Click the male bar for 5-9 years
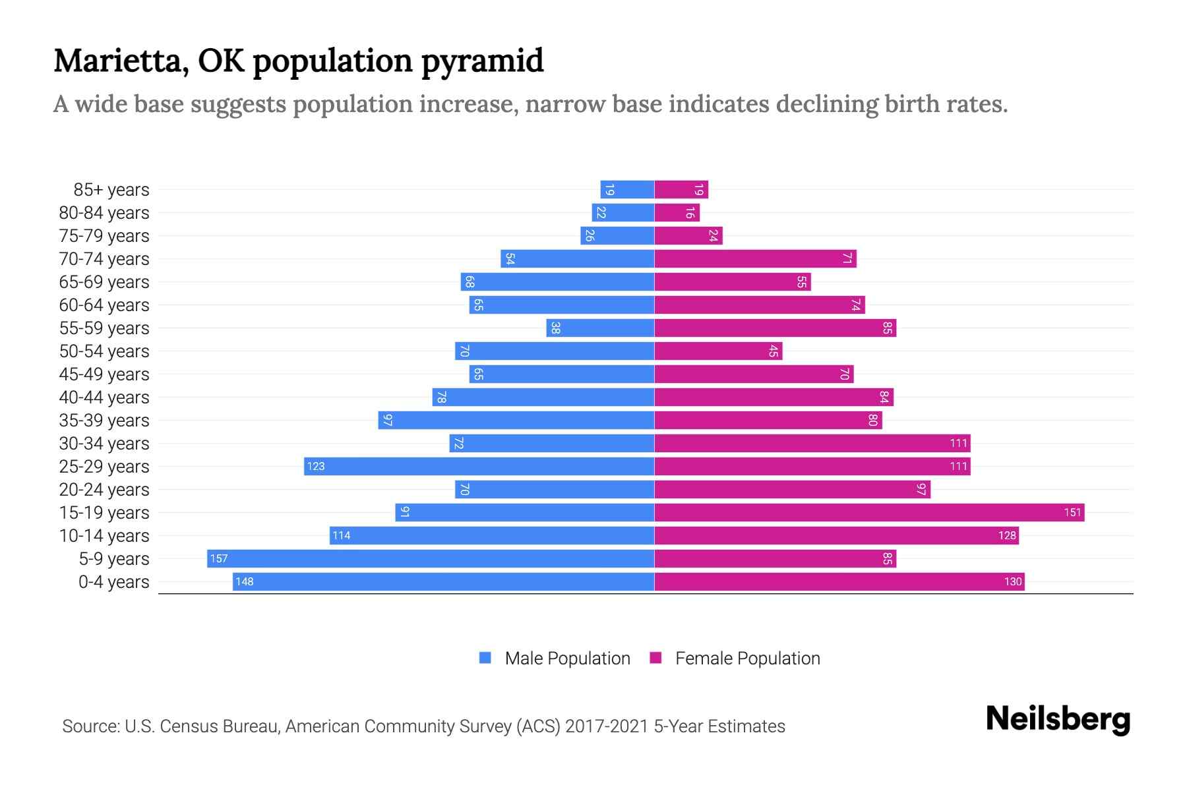tap(430, 558)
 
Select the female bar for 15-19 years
tap(869, 512)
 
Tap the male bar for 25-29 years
tap(479, 466)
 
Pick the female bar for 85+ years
tap(681, 189)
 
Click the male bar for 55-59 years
tap(600, 328)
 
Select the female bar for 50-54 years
tap(718, 351)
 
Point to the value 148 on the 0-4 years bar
tap(245, 581)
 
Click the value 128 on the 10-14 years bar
tap(1006, 535)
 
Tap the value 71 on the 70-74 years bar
tap(847, 258)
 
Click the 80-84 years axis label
tap(104, 212)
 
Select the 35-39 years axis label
tap(104, 420)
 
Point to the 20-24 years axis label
tap(104, 489)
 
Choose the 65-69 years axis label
tap(104, 281)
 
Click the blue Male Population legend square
tap(485, 658)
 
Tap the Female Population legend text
tap(747, 658)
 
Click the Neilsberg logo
tap(1058, 719)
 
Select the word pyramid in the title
tap(482, 61)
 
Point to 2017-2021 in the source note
tap(607, 726)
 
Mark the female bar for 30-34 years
tap(812, 443)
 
